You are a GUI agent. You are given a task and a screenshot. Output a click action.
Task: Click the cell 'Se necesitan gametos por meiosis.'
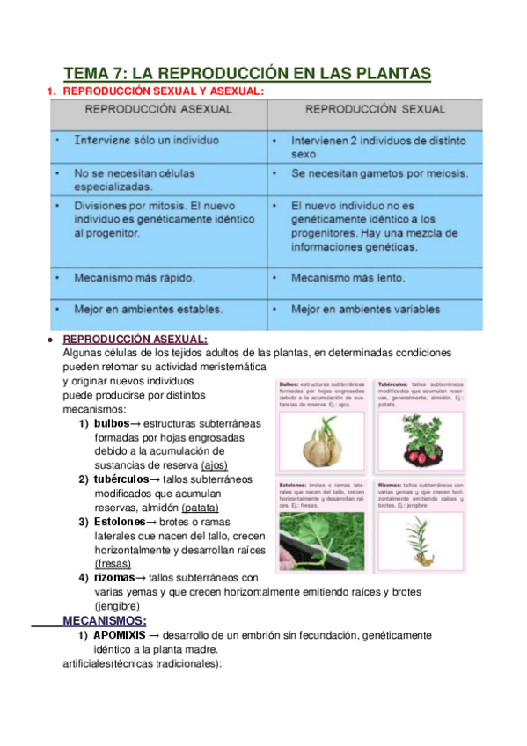point(379,174)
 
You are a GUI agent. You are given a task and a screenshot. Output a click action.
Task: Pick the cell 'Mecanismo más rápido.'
point(134,277)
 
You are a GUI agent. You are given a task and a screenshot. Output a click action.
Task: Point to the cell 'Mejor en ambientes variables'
point(367,310)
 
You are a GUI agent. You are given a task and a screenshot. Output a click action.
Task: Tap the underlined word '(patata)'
point(200,508)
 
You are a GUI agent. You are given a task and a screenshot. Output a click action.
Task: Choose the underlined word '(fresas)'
point(113,564)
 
